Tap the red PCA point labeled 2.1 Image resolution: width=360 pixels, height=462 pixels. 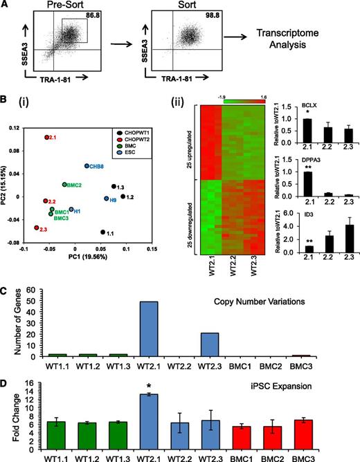point(47,138)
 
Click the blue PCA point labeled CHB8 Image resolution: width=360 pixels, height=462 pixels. point(87,166)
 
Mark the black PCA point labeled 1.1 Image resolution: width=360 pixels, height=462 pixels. point(103,232)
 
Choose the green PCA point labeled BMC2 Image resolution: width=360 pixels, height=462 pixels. point(64,185)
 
